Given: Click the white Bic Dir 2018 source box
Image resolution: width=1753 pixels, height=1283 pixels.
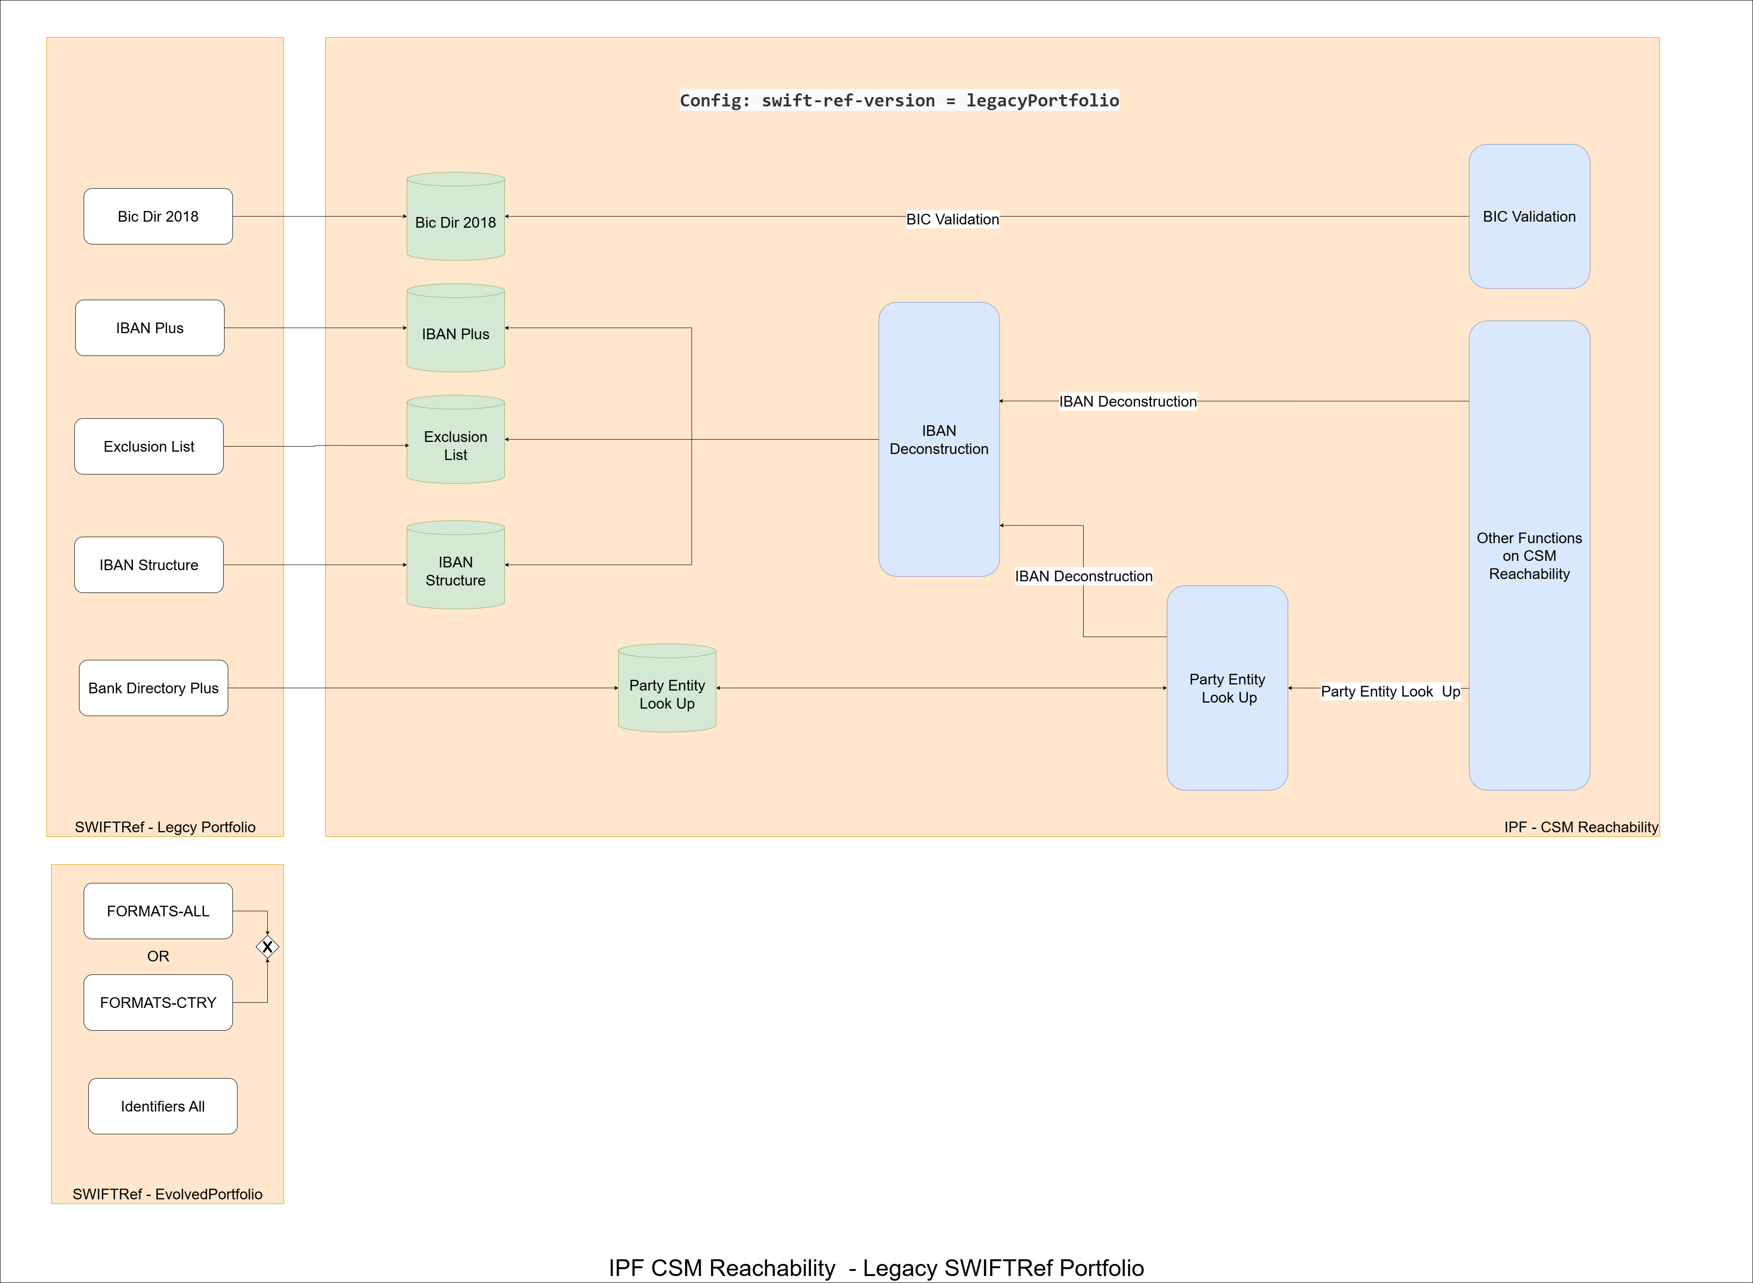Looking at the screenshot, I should click(158, 217).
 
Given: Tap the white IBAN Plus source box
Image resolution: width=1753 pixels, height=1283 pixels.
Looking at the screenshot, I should click(149, 328).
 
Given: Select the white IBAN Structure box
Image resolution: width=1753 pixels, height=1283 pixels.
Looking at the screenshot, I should click(148, 565).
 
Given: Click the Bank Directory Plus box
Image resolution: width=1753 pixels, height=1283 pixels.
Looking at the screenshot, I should click(153, 688).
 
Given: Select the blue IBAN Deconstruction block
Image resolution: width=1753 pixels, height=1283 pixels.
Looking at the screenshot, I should click(938, 440).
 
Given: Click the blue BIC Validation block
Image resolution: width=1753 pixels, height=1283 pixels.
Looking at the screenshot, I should click(1528, 217).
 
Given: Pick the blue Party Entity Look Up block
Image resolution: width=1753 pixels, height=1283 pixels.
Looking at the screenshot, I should click(1226, 688).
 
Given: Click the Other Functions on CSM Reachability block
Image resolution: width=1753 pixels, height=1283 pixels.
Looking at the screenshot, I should click(1528, 555).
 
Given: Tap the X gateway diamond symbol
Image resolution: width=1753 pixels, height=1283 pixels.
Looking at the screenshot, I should click(267, 947).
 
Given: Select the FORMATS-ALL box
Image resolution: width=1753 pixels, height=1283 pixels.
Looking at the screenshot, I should click(158, 911).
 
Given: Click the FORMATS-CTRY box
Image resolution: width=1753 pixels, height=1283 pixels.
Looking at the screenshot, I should click(158, 1003).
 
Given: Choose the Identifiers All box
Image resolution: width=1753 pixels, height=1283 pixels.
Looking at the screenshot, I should click(162, 1106).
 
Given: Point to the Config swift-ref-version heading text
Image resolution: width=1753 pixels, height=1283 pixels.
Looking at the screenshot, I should click(899, 100).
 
